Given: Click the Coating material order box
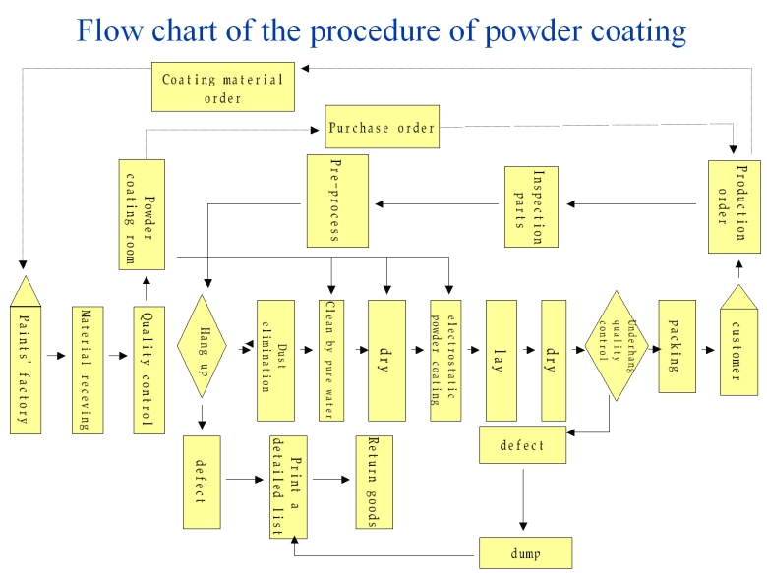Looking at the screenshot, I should click(x=223, y=86).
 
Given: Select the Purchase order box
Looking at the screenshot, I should click(x=381, y=128).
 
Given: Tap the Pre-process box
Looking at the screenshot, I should click(x=337, y=201).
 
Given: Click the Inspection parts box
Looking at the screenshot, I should click(x=531, y=206).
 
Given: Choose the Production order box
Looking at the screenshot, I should click(x=734, y=202).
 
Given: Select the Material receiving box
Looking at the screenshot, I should click(x=87, y=370).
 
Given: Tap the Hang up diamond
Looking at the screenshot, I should click(x=203, y=346).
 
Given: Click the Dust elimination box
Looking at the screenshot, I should click(x=275, y=359).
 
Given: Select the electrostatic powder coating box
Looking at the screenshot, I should click(x=445, y=359).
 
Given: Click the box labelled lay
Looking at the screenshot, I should click(x=501, y=359).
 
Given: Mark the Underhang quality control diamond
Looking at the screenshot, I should click(x=618, y=345).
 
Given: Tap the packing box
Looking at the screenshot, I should click(x=677, y=346).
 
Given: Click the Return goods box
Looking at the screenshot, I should click(x=374, y=482).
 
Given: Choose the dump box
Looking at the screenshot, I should click(x=525, y=552).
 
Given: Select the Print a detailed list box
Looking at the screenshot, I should click(x=288, y=485).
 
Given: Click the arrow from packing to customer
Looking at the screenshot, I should click(x=708, y=347).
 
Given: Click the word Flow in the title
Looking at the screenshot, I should click(x=109, y=31).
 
